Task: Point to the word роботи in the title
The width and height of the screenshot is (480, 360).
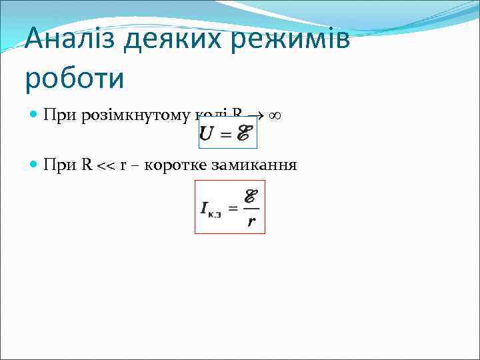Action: [75, 78]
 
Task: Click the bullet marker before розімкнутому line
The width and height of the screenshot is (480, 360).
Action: [35, 115]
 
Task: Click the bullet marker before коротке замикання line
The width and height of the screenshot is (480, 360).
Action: [35, 165]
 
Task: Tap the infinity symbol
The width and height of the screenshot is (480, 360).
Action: [274, 115]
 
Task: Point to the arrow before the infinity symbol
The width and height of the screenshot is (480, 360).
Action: [255, 115]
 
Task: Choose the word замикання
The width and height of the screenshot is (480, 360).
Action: [254, 165]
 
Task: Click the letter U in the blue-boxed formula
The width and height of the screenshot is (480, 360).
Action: [207, 134]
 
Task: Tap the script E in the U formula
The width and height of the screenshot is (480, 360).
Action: [244, 134]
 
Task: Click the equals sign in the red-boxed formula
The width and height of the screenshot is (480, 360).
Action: [233, 208]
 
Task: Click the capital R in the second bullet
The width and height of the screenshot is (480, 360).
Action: [87, 165]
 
